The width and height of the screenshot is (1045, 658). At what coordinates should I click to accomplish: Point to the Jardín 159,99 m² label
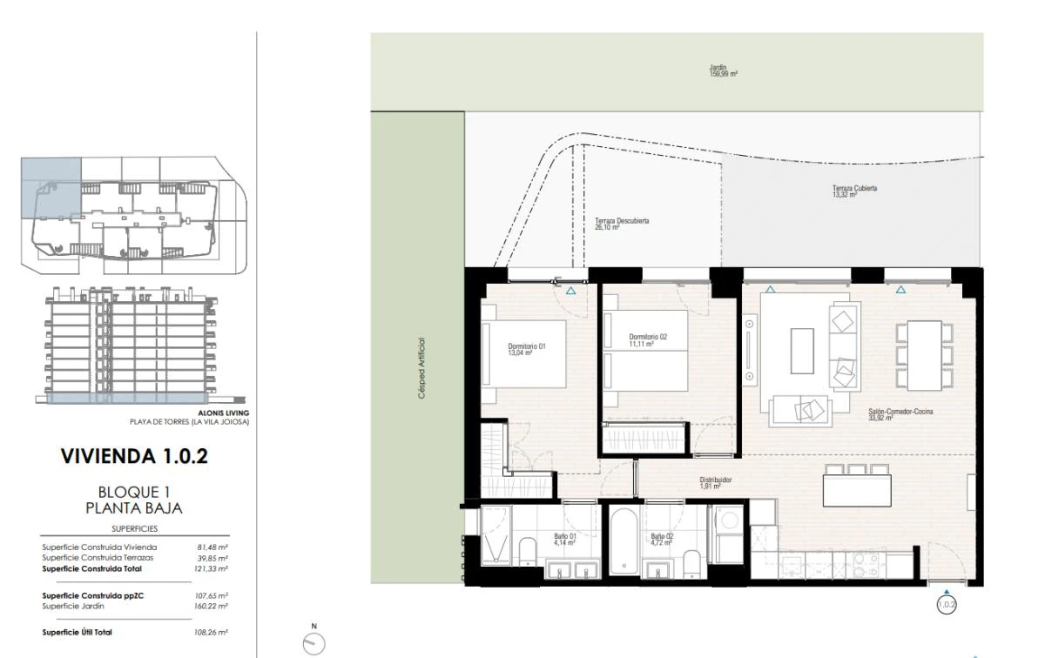point(723,71)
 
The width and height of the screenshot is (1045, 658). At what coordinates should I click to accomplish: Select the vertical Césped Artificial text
point(422,368)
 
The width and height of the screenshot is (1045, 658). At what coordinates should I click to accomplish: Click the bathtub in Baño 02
point(624,540)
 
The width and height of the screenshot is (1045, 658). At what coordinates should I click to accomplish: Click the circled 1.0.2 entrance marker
point(947,603)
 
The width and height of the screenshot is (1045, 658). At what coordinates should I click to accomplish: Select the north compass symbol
point(313,642)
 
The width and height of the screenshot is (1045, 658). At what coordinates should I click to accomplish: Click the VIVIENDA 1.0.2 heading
point(134,455)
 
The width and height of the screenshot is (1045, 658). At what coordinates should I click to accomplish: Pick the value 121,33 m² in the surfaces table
point(212,568)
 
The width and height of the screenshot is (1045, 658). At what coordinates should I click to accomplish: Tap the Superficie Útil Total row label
point(78,632)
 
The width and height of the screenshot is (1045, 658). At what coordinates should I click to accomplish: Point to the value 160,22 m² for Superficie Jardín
point(212,606)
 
